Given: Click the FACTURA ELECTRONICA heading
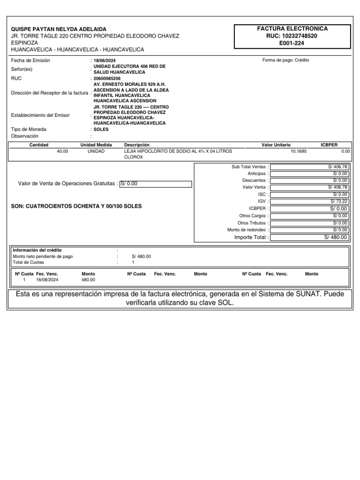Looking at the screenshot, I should [x=292, y=29].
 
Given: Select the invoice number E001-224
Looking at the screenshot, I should [x=292, y=43].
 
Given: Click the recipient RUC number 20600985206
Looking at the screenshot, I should [x=107, y=78].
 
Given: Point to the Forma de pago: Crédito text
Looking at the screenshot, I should [x=286, y=60].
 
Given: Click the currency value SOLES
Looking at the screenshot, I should [x=101, y=129].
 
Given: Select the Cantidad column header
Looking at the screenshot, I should [x=39, y=145].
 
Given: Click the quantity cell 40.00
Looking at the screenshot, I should [x=62, y=151].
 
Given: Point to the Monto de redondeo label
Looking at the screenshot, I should [x=248, y=230].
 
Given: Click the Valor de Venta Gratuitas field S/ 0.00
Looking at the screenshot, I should [x=155, y=184].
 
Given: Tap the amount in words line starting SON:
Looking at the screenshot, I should [x=76, y=206].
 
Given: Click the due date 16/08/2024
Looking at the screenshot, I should [x=47, y=280].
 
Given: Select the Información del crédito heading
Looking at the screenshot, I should [x=37, y=250].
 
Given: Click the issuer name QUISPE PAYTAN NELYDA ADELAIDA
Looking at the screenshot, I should [x=59, y=29].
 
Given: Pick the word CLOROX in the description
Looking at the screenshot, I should [x=134, y=157].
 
